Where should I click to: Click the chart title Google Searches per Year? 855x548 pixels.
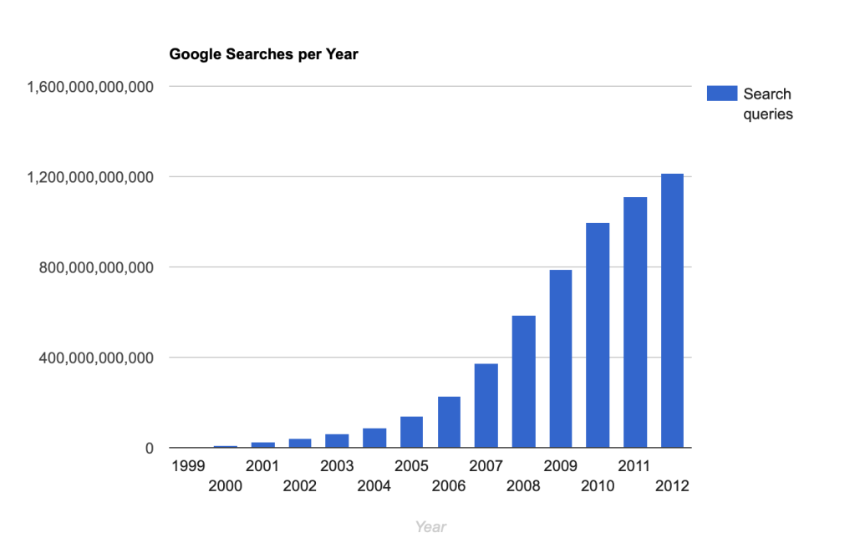[263, 55]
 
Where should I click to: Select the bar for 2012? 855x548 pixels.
[672, 311]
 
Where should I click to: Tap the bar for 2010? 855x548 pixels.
[598, 335]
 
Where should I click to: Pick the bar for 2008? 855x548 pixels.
[523, 382]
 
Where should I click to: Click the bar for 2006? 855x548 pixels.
[449, 422]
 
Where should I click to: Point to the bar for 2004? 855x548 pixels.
[374, 438]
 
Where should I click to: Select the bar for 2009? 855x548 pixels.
[560, 358]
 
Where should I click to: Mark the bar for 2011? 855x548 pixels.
[635, 322]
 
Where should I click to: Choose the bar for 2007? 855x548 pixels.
[486, 406]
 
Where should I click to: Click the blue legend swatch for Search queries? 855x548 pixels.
[722, 94]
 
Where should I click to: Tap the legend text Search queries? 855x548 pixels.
[767, 104]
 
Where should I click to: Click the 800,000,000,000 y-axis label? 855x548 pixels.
[96, 267]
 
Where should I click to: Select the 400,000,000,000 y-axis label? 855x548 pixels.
[96, 358]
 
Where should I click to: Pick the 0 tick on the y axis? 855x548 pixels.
[148, 449]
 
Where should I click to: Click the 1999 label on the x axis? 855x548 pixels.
[187, 465]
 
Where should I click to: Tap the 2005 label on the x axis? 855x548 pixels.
[411, 465]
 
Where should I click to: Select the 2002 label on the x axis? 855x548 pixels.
[300, 485]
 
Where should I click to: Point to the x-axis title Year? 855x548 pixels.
[430, 526]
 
